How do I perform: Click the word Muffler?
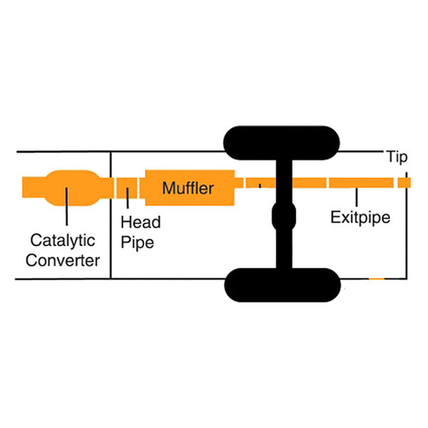(x=188, y=188)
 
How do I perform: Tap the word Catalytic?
(x=63, y=240)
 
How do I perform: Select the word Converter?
(x=63, y=260)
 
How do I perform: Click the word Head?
(x=141, y=222)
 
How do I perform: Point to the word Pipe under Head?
(x=137, y=243)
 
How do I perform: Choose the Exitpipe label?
(x=360, y=218)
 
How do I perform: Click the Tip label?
(x=397, y=157)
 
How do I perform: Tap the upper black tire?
(x=282, y=143)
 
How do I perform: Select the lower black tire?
(x=282, y=285)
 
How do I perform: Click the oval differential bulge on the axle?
(x=284, y=216)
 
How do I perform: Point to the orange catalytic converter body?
(x=72, y=188)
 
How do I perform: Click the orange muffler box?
(x=190, y=188)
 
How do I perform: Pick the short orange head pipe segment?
(x=127, y=188)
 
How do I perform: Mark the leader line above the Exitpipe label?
(x=357, y=197)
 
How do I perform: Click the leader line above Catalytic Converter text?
(x=66, y=206)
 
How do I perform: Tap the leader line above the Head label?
(x=128, y=198)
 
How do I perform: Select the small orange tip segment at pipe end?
(x=404, y=183)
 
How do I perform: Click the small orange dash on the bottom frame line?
(x=377, y=279)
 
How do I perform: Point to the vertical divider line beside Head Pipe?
(x=111, y=215)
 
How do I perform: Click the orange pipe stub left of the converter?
(x=34, y=187)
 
